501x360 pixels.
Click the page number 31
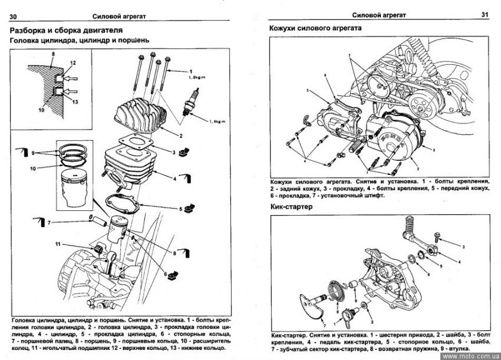pyautogui.click(x=485, y=14)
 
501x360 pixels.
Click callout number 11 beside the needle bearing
pyautogui.click(x=57, y=244)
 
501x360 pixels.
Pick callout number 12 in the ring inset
pyautogui.click(x=73, y=62)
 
